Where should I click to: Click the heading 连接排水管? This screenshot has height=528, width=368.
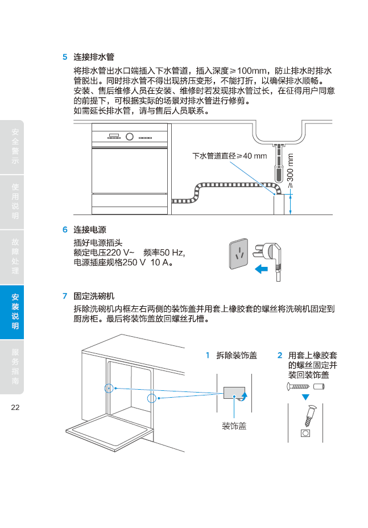click(94, 57)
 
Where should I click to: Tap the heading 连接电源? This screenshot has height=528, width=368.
click(90, 230)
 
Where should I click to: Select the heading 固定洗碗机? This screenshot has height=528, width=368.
click(94, 296)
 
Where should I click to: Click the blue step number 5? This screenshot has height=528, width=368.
click(65, 57)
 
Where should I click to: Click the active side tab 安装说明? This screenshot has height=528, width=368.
click(15, 312)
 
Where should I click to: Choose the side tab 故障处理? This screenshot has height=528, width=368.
click(15, 256)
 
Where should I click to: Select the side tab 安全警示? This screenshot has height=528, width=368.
click(15, 147)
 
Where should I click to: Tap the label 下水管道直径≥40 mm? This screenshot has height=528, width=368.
click(229, 156)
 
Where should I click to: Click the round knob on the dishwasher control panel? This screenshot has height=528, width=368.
click(129, 137)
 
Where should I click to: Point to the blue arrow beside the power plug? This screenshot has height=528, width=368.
click(261, 269)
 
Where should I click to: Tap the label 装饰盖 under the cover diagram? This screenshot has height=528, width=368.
click(234, 426)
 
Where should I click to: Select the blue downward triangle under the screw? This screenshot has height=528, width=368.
click(305, 397)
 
